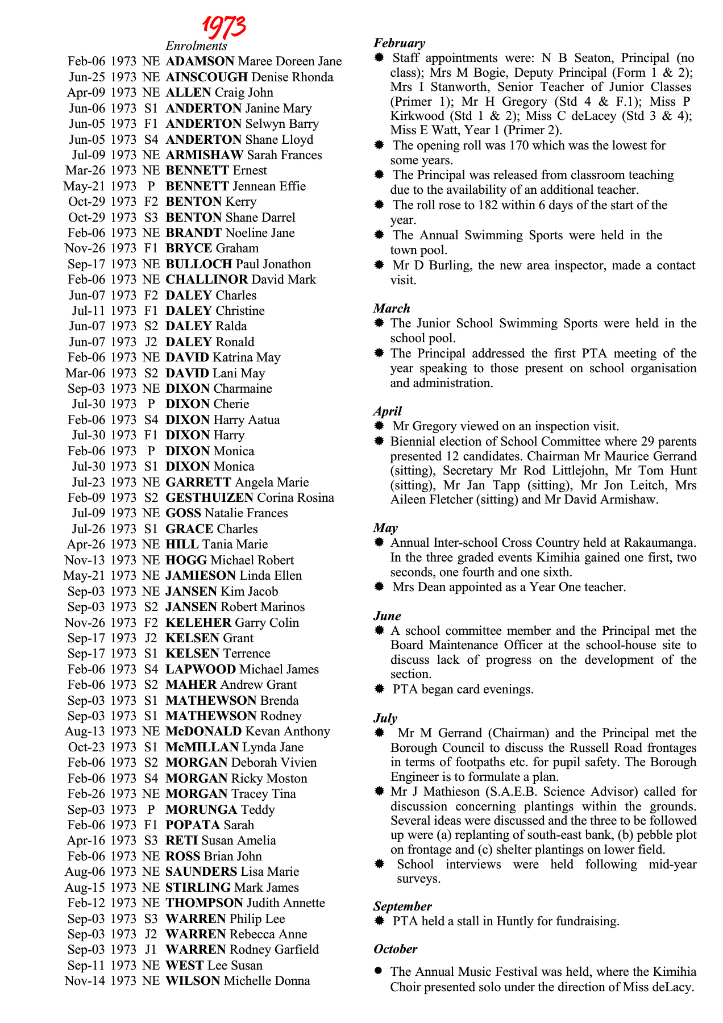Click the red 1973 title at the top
(x=224, y=26)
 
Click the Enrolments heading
(x=196, y=46)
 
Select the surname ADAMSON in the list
(x=200, y=61)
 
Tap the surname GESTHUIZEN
(x=209, y=498)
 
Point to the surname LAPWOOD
(x=200, y=669)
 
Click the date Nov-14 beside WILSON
(x=85, y=981)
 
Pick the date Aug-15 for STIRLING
(x=85, y=888)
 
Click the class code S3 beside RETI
(x=151, y=841)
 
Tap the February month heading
(x=399, y=43)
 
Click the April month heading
(x=387, y=411)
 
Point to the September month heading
(x=402, y=906)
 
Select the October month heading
(x=395, y=949)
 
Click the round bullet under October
(x=379, y=971)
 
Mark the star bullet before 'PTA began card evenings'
(x=379, y=689)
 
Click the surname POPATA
(x=193, y=825)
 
